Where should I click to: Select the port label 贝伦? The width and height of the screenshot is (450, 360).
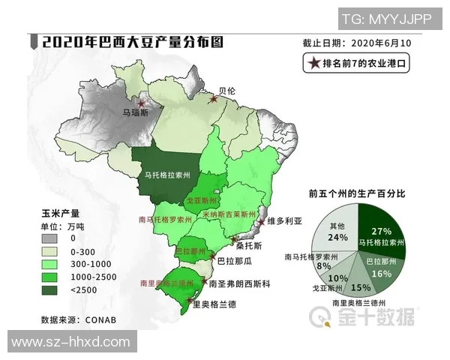(x=226, y=90)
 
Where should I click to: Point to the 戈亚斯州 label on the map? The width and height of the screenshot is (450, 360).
(x=201, y=202)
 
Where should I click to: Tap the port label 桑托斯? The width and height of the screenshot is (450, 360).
(x=248, y=245)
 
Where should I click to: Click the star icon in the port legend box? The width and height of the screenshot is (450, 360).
(x=312, y=63)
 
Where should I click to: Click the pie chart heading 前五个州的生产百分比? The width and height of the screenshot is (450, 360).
(x=357, y=193)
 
